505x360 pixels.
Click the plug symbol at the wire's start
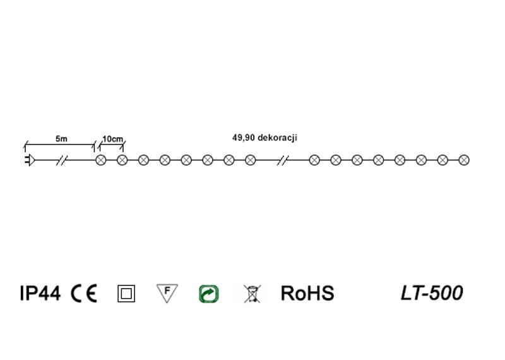click(x=29, y=160)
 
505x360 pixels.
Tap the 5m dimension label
click(x=61, y=138)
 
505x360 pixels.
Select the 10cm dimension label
click(x=112, y=138)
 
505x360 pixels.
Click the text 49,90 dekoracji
click(x=265, y=137)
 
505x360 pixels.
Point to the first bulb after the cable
click(x=100, y=160)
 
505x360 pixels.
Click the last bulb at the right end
click(x=464, y=160)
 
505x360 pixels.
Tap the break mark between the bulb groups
click(x=283, y=160)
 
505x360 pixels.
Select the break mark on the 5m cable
click(x=62, y=160)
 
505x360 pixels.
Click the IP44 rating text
click(x=40, y=294)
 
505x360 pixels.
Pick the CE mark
click(x=84, y=294)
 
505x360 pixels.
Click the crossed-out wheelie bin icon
click(x=251, y=294)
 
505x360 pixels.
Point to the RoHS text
click(x=307, y=294)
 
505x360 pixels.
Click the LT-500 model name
click(x=432, y=293)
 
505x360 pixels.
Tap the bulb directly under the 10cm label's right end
click(x=122, y=160)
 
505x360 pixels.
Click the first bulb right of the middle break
click(x=314, y=160)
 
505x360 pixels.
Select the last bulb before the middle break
click(x=250, y=160)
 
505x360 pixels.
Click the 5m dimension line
click(x=60, y=145)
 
